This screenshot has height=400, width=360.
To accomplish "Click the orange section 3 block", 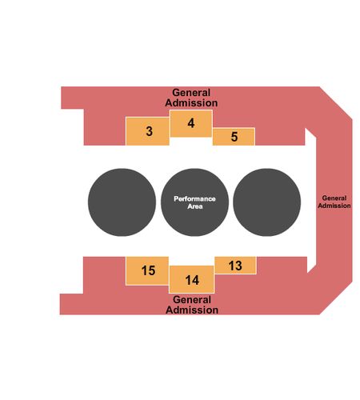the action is click(147, 131).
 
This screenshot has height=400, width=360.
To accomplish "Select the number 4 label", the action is click(191, 123).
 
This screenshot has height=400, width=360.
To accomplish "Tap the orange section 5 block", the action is click(234, 137).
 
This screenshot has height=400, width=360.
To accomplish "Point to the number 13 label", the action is click(235, 266).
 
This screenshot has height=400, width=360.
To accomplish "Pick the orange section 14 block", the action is click(192, 279).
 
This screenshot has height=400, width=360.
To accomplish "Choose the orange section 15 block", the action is click(147, 270).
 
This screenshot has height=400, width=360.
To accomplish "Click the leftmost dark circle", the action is click(122, 202).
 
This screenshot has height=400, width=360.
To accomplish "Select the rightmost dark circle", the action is click(267, 202).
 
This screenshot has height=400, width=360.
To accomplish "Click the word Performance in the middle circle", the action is click(194, 199).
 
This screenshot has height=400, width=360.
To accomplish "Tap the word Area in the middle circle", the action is click(195, 206).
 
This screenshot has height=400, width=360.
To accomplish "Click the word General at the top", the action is click(191, 93).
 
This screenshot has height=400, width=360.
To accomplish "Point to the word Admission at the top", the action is click(191, 103).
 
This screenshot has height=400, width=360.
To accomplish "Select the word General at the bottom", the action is click(192, 300).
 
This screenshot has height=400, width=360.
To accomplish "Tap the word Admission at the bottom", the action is click(192, 310).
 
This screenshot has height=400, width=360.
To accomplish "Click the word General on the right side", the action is click(334, 198).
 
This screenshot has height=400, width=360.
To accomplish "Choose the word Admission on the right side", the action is click(334, 206).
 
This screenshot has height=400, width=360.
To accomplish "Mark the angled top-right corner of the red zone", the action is click(336, 103).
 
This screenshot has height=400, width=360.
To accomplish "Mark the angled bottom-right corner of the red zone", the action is click(336, 298).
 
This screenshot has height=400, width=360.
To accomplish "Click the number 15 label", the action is click(148, 270).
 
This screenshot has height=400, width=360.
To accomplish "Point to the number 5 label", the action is click(234, 137).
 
